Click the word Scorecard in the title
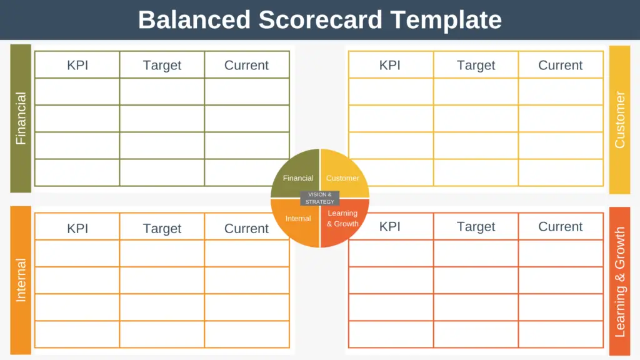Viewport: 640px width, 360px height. tap(321, 19)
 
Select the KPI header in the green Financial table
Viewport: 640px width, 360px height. tap(77, 65)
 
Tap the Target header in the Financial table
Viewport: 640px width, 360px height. tap(162, 65)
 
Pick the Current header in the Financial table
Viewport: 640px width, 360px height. tap(246, 65)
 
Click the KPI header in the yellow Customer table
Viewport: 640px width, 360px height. tap(390, 65)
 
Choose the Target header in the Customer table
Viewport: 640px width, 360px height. tap(476, 65)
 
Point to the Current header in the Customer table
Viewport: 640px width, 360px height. tap(561, 65)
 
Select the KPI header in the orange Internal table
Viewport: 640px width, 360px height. tap(77, 229)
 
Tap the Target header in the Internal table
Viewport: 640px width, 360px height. tap(162, 229)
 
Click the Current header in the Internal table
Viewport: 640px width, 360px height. tap(246, 229)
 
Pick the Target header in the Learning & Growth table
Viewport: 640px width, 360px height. tap(476, 226)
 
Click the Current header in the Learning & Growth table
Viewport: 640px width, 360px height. tap(561, 226)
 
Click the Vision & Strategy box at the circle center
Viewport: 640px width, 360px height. tap(320, 198)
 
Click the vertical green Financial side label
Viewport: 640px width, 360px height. tap(21, 118)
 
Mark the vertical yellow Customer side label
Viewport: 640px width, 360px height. tap(619, 119)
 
